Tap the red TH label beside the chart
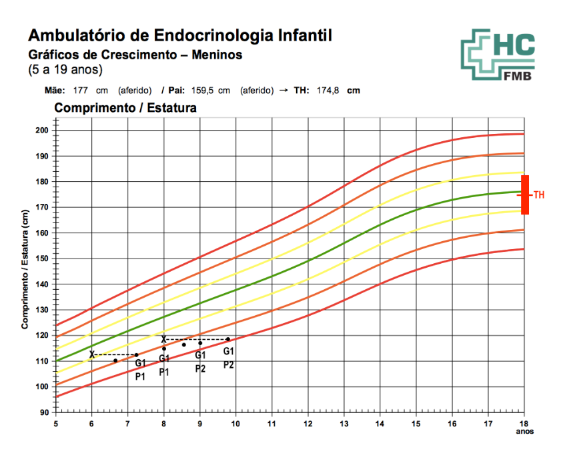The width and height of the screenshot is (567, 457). point(539,195)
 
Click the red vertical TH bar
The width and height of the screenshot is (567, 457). point(525,195)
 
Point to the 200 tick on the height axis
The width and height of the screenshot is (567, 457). point(43,130)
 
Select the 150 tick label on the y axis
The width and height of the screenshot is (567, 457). point(43,258)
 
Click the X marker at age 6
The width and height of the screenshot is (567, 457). point(92,354)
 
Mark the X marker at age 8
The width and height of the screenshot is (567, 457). point(163,339)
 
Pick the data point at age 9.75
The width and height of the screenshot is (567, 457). point(227,339)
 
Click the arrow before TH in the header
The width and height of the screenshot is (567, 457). point(283,91)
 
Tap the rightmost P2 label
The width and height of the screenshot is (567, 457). point(228,364)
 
